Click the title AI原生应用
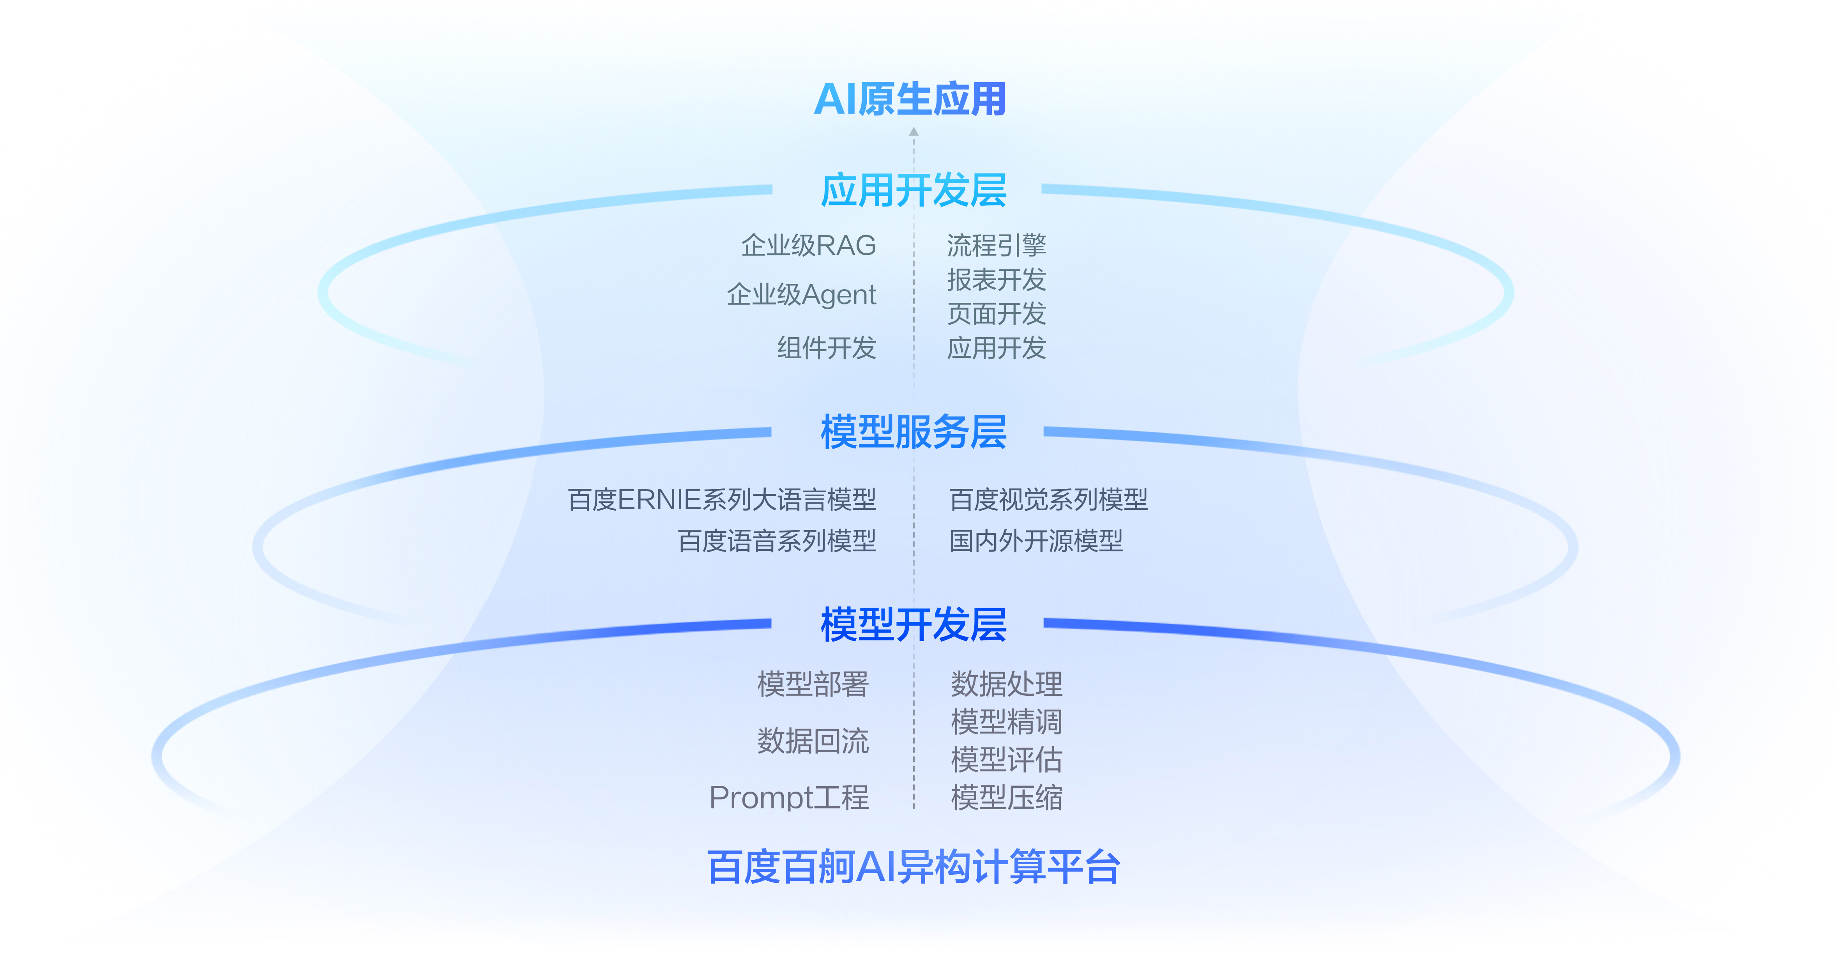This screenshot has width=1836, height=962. click(x=910, y=99)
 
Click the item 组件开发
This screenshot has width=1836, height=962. click(x=826, y=348)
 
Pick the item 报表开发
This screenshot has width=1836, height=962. click(x=997, y=279)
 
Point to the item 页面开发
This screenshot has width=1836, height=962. click(x=997, y=313)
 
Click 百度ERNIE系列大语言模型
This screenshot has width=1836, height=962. click(x=721, y=500)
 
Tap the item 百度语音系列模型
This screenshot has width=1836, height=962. click(x=776, y=541)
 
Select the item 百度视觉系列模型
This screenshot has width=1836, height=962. click(x=1048, y=500)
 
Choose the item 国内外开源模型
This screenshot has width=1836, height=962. click(x=1036, y=541)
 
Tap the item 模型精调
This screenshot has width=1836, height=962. click(x=1006, y=722)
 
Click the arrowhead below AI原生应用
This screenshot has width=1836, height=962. click(x=914, y=131)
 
